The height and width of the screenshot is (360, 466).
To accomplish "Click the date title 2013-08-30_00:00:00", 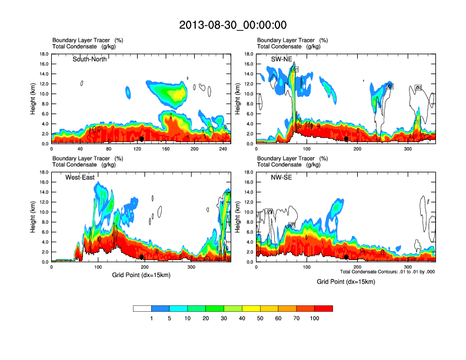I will [233, 25].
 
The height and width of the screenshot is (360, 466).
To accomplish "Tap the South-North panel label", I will [89, 59].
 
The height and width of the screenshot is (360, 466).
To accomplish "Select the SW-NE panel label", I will [282, 59].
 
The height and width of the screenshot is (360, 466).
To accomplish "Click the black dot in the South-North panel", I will [142, 139].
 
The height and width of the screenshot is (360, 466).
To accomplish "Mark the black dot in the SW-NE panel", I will [347, 139].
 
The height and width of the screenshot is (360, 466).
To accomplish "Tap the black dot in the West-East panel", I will [142, 257].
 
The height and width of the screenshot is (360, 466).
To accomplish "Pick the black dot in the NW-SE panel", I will [347, 257].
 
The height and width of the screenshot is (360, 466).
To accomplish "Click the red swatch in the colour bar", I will [324, 308].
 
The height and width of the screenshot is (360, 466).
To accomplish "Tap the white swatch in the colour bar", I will [142, 308].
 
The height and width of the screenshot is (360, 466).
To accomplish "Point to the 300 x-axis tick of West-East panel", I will [191, 268].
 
